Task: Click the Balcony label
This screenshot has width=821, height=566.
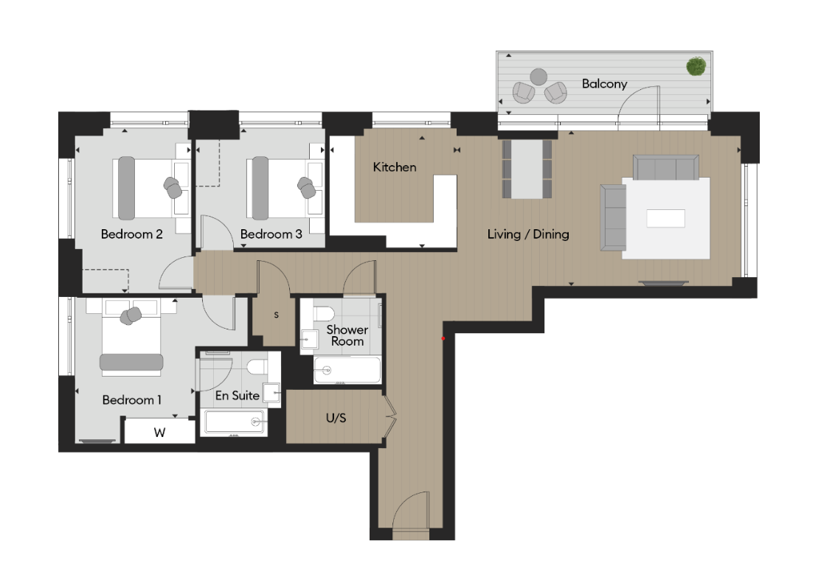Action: [x=604, y=84]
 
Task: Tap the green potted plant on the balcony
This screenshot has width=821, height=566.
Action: [x=695, y=67]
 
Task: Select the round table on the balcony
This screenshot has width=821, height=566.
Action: [x=539, y=76]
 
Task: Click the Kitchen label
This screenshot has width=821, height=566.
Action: [x=394, y=168]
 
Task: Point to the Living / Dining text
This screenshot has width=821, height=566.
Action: [x=528, y=235]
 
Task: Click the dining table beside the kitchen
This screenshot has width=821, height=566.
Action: [x=527, y=169]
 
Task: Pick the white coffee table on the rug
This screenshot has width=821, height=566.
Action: [x=665, y=219]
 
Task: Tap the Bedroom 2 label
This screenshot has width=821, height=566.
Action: [x=131, y=235]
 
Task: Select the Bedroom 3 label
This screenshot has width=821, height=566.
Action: [x=271, y=235]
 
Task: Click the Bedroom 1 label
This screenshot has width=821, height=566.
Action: [x=132, y=400]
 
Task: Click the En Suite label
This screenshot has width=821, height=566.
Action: [x=237, y=396]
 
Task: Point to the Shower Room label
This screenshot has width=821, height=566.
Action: [x=347, y=335]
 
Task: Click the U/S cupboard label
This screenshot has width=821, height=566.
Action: [x=336, y=418]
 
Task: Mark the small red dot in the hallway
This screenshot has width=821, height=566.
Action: [x=443, y=339]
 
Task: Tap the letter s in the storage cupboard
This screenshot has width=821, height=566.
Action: [x=277, y=315]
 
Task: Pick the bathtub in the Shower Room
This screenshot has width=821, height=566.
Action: [x=347, y=370]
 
